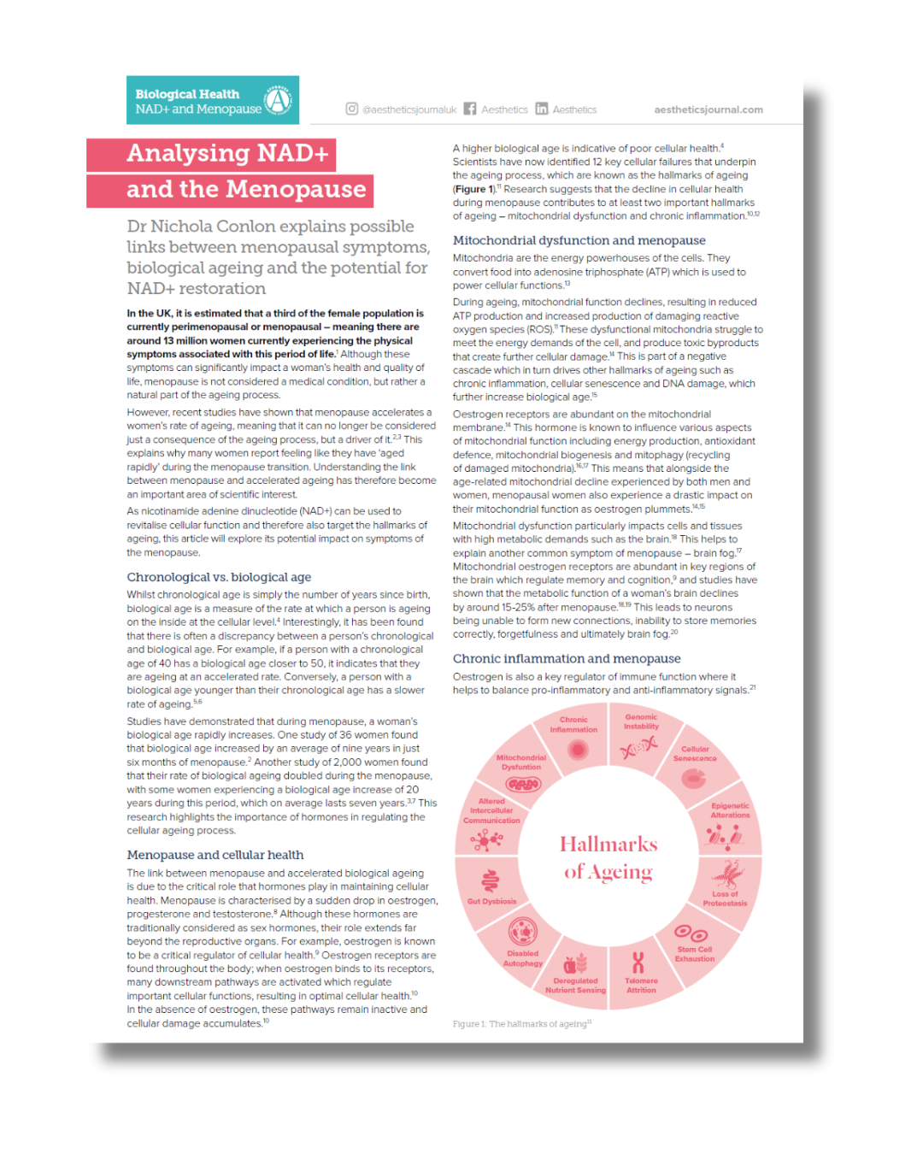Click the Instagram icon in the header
tap(351, 109)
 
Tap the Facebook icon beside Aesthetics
tap(470, 109)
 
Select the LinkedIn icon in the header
tap(542, 109)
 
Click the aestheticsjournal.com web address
tap(708, 109)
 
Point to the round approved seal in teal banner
tap(278, 100)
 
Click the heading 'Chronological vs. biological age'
tap(219, 577)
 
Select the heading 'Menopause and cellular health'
tap(215, 855)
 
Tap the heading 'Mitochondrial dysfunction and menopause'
tap(579, 240)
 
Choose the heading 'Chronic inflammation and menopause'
tap(567, 658)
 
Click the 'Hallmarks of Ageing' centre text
tap(608, 857)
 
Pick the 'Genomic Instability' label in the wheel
tap(641, 721)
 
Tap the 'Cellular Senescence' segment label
tap(695, 753)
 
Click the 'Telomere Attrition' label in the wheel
tap(641, 986)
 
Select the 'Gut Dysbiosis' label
tap(491, 901)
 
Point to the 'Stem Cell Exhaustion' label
tap(695, 954)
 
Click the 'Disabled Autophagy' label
tap(522, 958)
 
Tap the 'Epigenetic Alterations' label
tap(730, 810)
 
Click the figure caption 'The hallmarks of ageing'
tap(521, 1023)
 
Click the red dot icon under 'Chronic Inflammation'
tap(579, 750)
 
